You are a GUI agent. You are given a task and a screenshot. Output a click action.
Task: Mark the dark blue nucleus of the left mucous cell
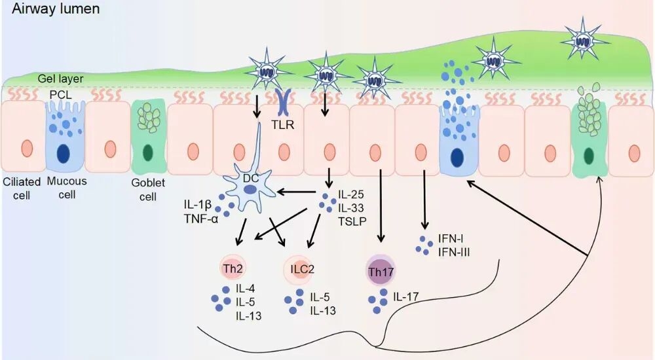tap(64, 153)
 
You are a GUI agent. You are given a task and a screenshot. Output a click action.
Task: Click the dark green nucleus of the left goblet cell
tap(149, 153)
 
